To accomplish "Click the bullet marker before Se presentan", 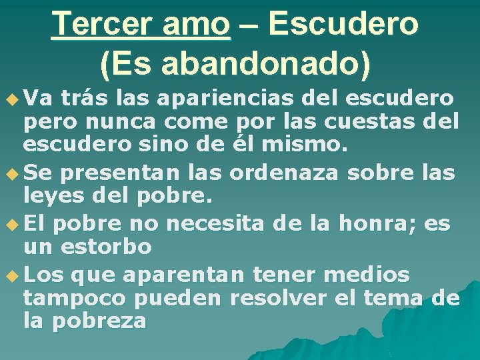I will pyautogui.click(x=13, y=172).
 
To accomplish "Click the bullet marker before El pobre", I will pyautogui.click(x=13, y=222).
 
